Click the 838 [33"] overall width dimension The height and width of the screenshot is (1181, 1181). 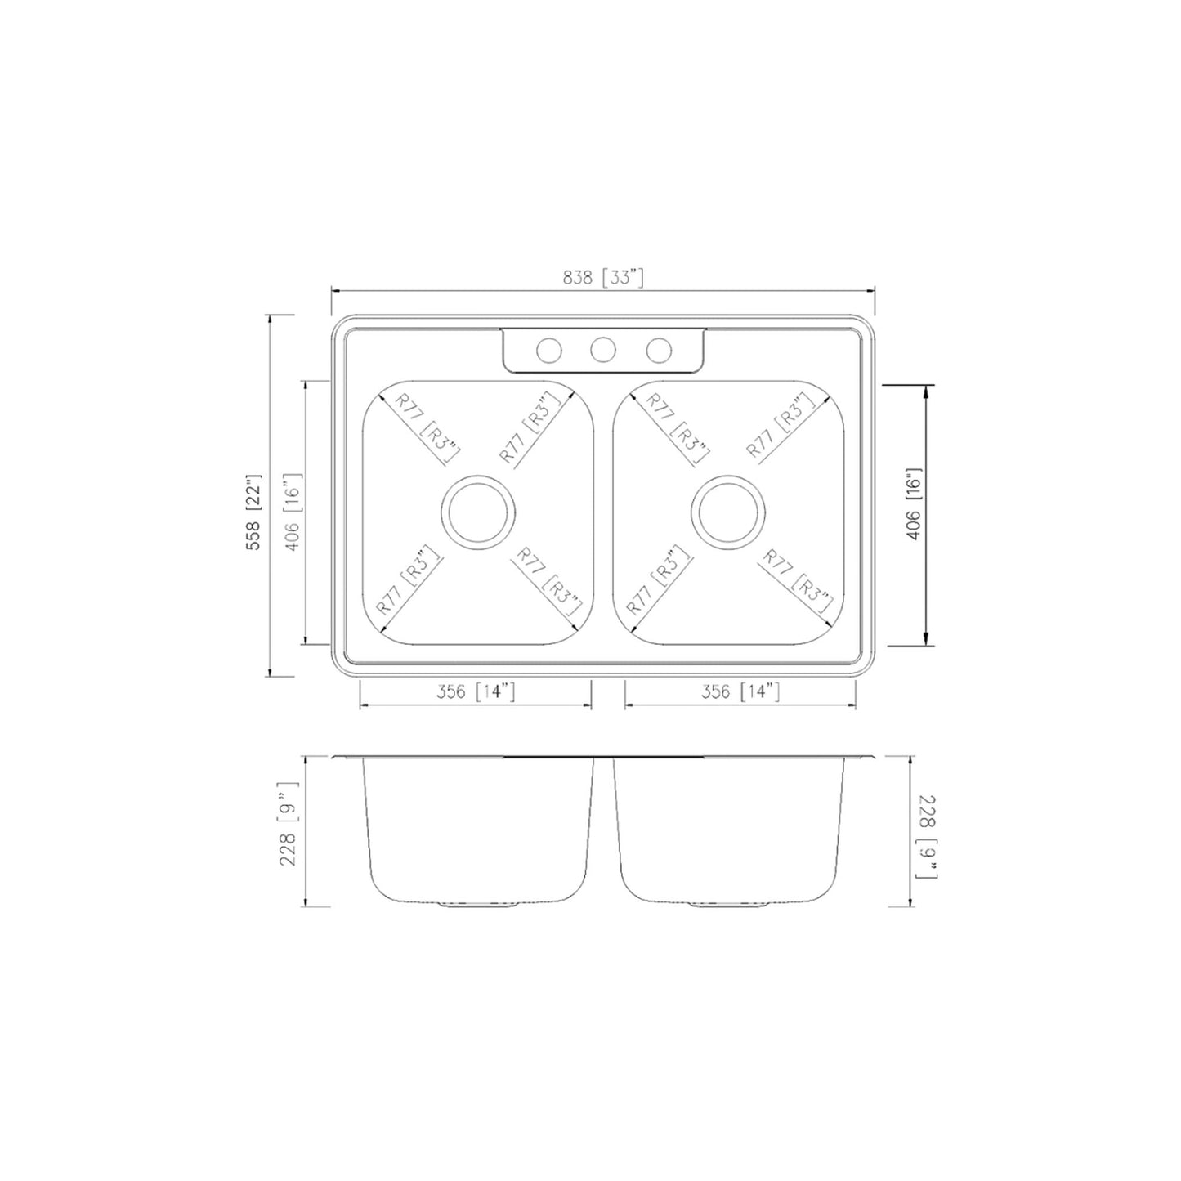click(603, 279)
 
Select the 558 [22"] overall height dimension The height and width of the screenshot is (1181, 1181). click(254, 512)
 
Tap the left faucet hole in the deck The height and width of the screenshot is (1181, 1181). click(548, 351)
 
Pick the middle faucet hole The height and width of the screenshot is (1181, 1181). click(603, 351)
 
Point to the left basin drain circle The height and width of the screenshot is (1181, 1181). click(478, 512)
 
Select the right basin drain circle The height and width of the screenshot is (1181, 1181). click(728, 512)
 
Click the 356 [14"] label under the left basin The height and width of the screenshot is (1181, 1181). click(475, 692)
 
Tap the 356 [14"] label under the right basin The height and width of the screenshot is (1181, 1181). click(740, 692)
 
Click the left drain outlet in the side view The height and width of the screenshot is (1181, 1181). click(479, 905)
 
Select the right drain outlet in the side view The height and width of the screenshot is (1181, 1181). click(729, 905)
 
